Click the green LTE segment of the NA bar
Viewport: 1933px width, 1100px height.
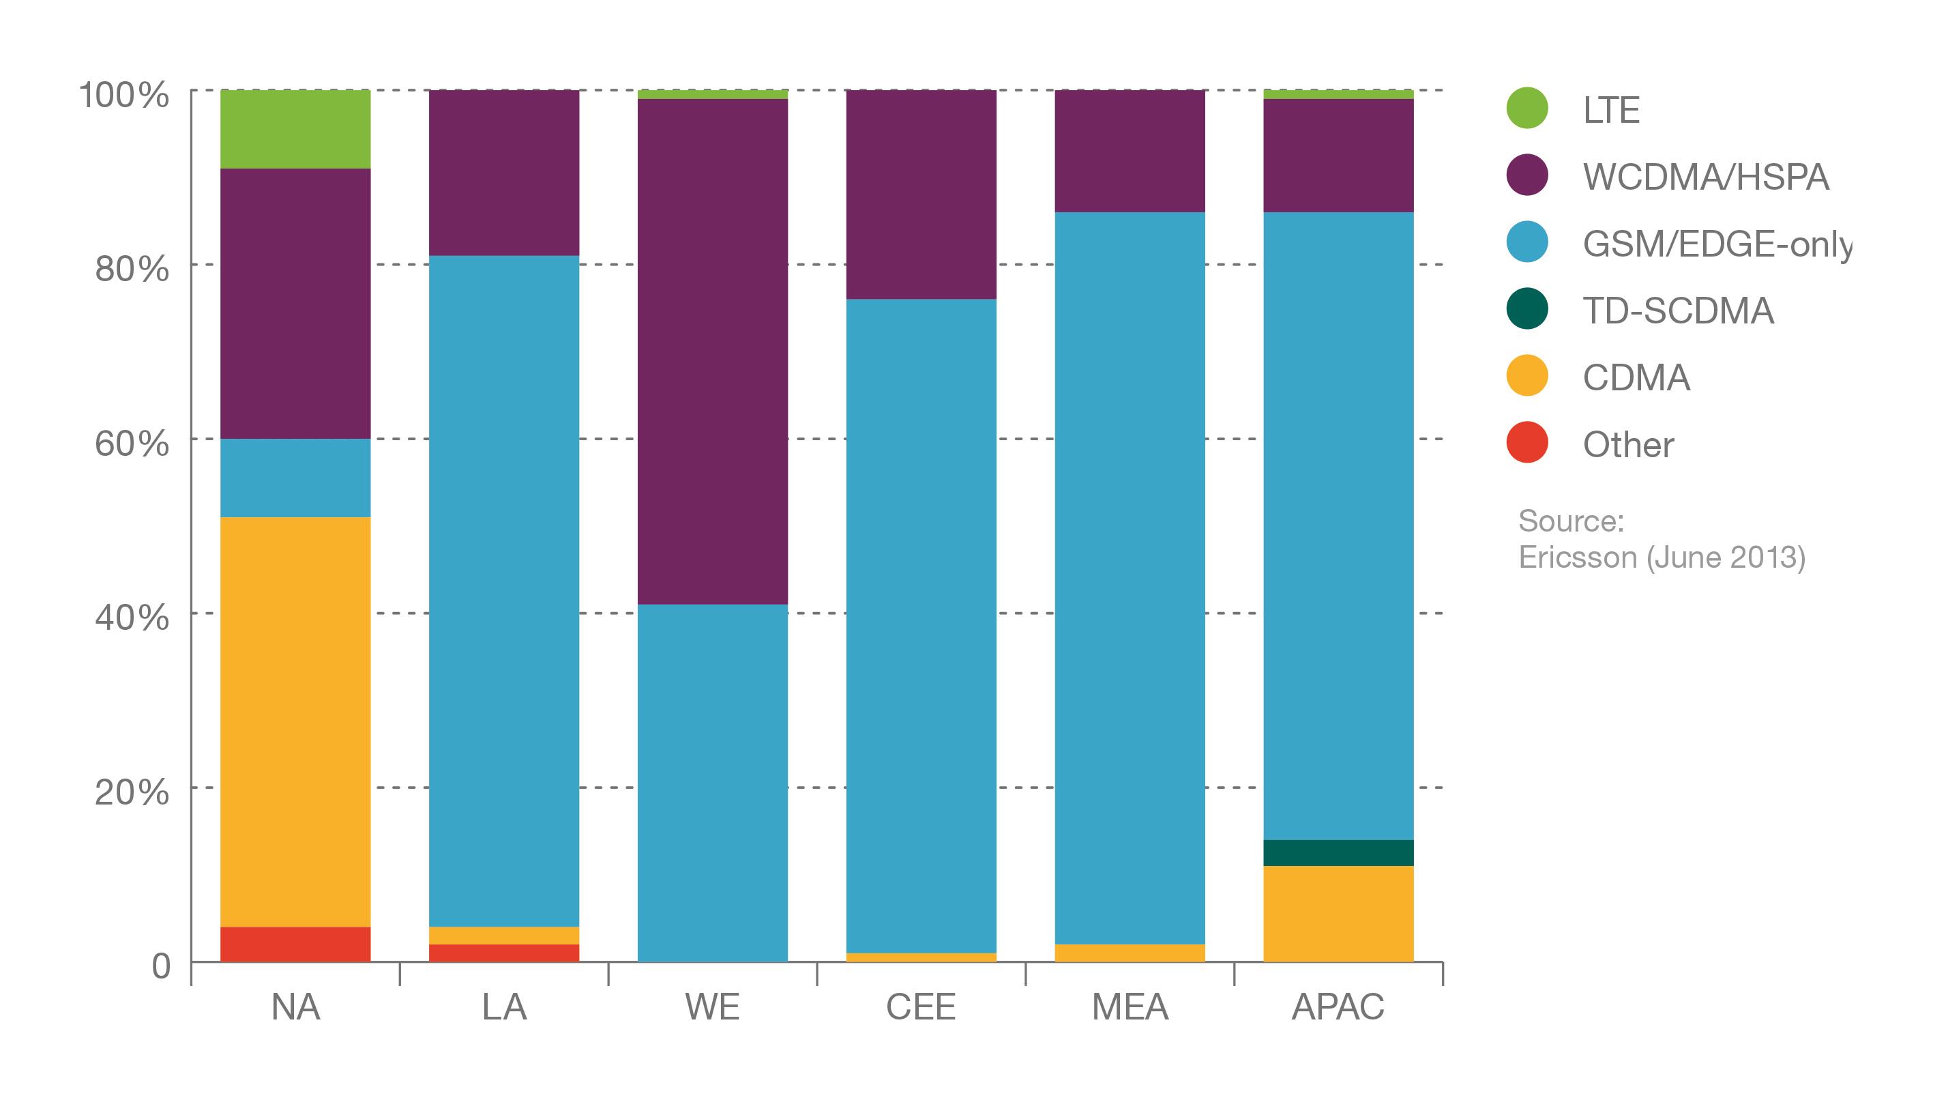pyautogui.click(x=295, y=129)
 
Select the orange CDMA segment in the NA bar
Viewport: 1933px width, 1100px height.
pyautogui.click(x=295, y=721)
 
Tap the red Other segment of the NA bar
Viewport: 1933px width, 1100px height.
pyautogui.click(x=295, y=944)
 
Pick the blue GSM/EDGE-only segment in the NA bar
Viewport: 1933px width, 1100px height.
pyautogui.click(x=295, y=478)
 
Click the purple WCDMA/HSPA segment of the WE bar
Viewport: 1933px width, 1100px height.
pyautogui.click(x=712, y=351)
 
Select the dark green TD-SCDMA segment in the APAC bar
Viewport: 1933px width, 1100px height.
pyautogui.click(x=1338, y=853)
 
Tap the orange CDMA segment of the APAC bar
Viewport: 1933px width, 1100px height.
pyautogui.click(x=1338, y=914)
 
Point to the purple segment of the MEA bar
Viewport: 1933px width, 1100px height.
pyautogui.click(x=1130, y=151)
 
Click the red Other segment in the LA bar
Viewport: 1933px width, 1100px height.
pyautogui.click(x=503, y=953)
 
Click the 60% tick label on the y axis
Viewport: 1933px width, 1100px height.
pyautogui.click(x=132, y=444)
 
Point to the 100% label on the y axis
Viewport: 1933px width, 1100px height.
pyautogui.click(x=125, y=96)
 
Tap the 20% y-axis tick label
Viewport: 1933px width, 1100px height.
pyautogui.click(x=132, y=792)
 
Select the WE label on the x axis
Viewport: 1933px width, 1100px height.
pyautogui.click(x=712, y=1007)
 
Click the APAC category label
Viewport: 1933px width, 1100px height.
pyautogui.click(x=1338, y=1007)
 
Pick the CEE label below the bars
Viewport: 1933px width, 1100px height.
pyautogui.click(x=920, y=1007)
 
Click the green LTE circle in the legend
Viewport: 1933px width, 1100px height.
pyautogui.click(x=1526, y=108)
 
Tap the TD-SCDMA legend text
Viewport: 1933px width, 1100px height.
pyautogui.click(x=1678, y=310)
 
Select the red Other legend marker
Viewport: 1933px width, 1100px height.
pyautogui.click(x=1526, y=443)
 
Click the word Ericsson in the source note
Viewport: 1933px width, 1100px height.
pyautogui.click(x=1576, y=558)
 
